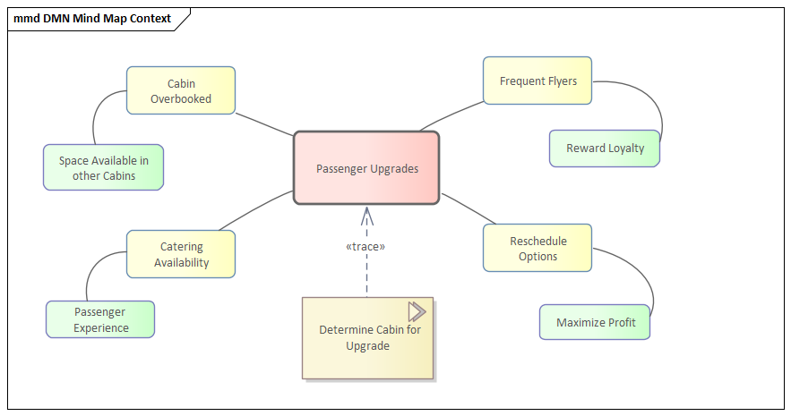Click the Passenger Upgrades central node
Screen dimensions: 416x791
pyautogui.click(x=366, y=168)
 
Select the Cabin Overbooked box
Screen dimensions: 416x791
pyautogui.click(x=181, y=90)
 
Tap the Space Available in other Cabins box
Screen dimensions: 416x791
pyautogui.click(x=103, y=167)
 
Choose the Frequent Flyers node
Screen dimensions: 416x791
pyautogui.click(x=537, y=81)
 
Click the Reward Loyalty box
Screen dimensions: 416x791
pyautogui.click(x=605, y=149)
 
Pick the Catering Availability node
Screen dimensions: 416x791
pyautogui.click(x=181, y=254)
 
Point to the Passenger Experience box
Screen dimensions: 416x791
pyautogui.click(x=100, y=319)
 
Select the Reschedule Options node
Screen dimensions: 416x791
pyautogui.click(x=537, y=248)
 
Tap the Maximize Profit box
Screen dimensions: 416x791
pyautogui.click(x=594, y=322)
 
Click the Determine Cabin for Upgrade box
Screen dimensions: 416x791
pyautogui.click(x=368, y=338)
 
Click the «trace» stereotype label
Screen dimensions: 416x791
pyautogui.click(x=365, y=246)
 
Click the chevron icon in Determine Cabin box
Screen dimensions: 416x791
pyautogui.click(x=417, y=311)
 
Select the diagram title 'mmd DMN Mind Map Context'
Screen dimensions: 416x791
pyautogui.click(x=93, y=18)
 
